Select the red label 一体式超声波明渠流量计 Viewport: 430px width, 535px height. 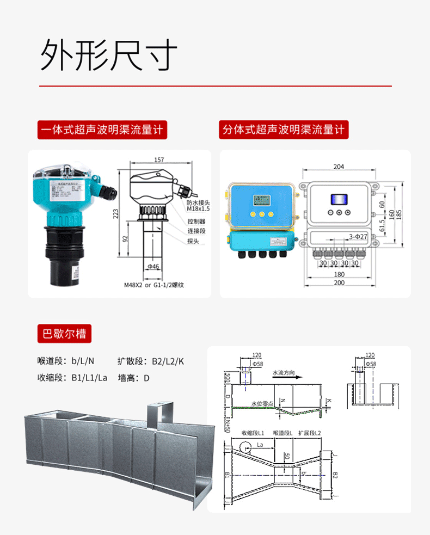point(102,130)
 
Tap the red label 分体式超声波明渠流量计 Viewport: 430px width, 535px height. point(284,130)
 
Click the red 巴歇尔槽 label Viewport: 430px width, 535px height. point(64,333)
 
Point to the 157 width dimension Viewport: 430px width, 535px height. point(159,160)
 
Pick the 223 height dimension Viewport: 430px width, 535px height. point(115,213)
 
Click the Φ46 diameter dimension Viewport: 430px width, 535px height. point(153,267)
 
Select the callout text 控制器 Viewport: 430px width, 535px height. point(196,222)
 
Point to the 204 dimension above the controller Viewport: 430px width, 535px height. point(339,167)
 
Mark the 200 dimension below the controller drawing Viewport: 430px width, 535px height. point(339,283)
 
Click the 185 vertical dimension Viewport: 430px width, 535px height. point(399,213)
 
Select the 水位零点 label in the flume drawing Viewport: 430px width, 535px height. point(262,404)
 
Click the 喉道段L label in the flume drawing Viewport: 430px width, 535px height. point(283,433)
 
